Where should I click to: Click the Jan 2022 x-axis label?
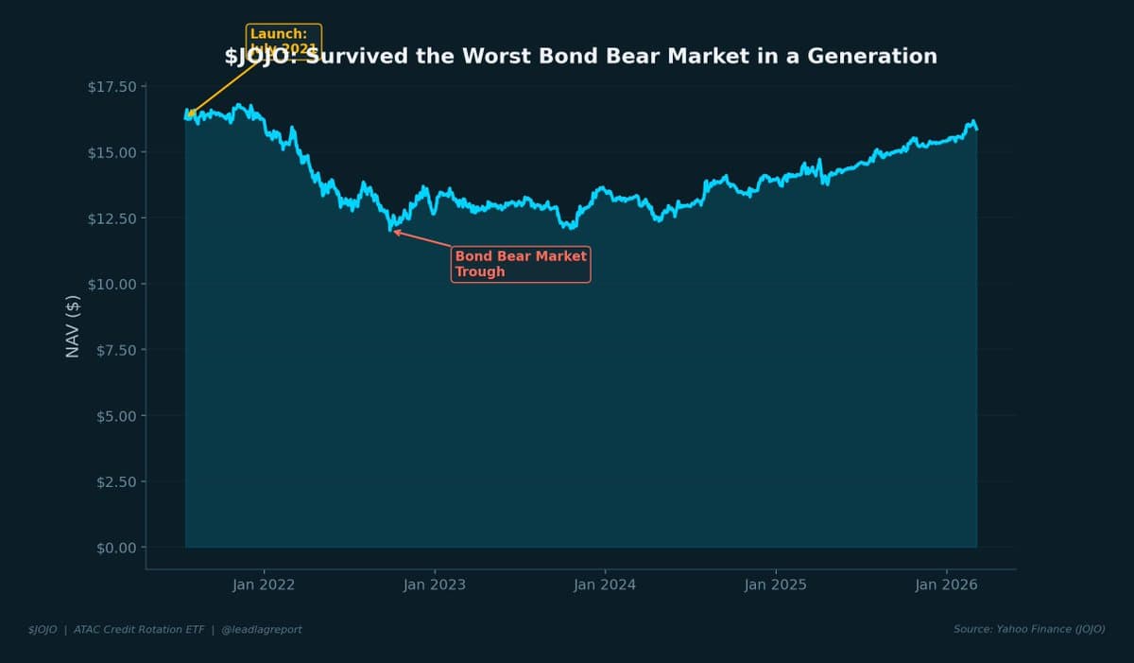pos(264,584)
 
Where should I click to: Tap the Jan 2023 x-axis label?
pos(435,584)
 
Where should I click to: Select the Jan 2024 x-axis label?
pos(605,584)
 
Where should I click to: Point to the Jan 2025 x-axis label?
pos(776,584)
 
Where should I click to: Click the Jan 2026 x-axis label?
pos(947,584)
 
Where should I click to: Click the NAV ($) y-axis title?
pos(73,326)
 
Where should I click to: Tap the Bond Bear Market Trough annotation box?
pos(521,264)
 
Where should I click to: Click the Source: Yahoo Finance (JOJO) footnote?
pos(1029,629)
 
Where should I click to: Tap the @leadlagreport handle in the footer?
pos(262,629)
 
